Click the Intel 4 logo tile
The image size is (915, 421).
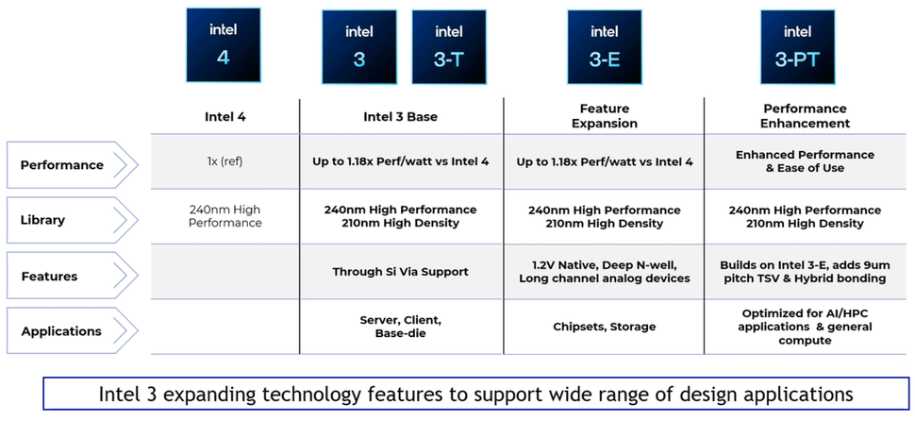point(224,45)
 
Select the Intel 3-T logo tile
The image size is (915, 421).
point(449,47)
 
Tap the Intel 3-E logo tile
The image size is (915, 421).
point(604,47)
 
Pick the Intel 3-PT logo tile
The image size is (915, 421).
point(797,47)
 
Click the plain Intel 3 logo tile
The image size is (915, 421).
point(358,47)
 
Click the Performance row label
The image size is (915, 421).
point(62,165)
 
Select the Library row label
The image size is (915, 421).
point(43,220)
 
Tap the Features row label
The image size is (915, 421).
point(49,277)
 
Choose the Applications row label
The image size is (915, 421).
point(61,331)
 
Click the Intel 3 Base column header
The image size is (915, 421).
point(401,117)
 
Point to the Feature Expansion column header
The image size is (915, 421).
point(604,116)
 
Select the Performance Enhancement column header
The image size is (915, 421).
point(805,116)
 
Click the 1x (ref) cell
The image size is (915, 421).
point(224,161)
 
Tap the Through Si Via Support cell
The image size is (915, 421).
point(401,272)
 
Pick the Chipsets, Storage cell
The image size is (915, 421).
point(604,327)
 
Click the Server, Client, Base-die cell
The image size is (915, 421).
point(401,327)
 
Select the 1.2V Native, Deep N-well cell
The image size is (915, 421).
point(604,272)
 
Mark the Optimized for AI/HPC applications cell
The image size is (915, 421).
point(805,327)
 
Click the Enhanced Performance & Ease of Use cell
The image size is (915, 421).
point(805,161)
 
